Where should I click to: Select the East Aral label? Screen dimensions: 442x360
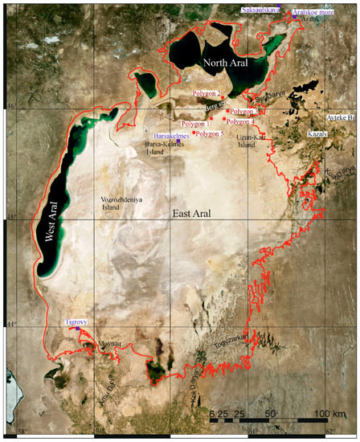pyautogui.click(x=194, y=212)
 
